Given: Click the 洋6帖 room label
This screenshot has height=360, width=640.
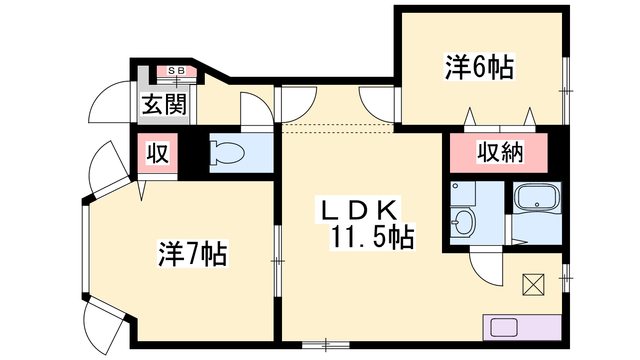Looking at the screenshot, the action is (479, 67).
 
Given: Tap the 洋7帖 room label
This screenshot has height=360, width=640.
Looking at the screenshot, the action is (193, 254).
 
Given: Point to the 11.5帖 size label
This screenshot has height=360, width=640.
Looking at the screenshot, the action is (372, 237).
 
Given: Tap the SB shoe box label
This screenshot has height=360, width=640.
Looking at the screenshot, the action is (176, 70).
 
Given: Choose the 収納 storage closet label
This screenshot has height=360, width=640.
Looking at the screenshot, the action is (500, 152).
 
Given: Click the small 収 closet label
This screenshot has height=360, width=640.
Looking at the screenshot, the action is (158, 154).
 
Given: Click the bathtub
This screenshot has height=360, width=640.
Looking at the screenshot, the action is (537, 198).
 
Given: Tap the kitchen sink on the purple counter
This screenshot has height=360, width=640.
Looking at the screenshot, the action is (504, 328).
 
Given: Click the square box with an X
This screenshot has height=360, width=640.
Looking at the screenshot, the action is (533, 284).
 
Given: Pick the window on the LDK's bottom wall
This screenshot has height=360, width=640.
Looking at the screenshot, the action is (326, 345).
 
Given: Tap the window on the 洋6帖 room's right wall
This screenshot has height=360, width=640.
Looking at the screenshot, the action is (566, 91).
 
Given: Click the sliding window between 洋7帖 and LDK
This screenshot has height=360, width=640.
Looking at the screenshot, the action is (278, 261).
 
